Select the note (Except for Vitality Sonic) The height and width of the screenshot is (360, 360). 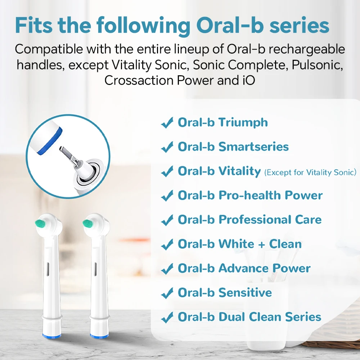click(x=310, y=172)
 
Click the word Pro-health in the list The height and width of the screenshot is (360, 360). click(x=250, y=195)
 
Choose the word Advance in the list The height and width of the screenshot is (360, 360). click(x=243, y=268)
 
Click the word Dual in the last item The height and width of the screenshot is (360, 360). click(x=232, y=317)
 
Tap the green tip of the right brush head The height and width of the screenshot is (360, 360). click(x=88, y=224)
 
